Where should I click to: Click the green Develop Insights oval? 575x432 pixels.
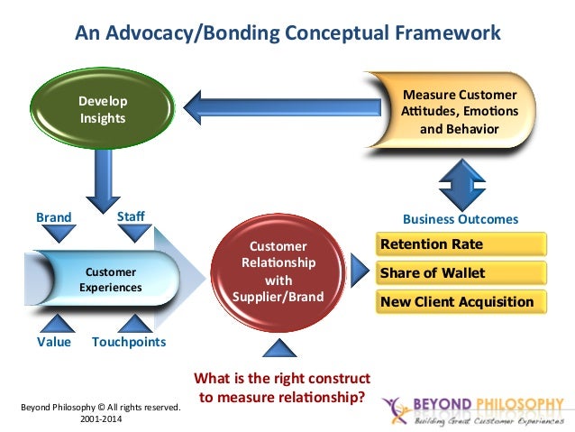click(x=101, y=109)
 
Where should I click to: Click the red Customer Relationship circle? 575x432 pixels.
click(x=278, y=270)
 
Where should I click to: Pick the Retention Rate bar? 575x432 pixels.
click(x=461, y=244)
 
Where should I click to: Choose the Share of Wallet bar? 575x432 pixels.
click(x=461, y=272)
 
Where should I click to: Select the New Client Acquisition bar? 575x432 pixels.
click(x=461, y=301)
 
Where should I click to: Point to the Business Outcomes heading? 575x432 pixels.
click(x=460, y=219)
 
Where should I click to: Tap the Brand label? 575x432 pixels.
click(x=52, y=218)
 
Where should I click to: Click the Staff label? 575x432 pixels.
click(x=131, y=217)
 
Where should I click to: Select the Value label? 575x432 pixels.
click(x=53, y=343)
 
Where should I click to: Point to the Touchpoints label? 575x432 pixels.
click(x=129, y=343)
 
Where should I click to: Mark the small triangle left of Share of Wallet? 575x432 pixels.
click(x=360, y=269)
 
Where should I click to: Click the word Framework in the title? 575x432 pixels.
click(x=447, y=33)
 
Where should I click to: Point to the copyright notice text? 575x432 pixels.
click(x=101, y=413)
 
